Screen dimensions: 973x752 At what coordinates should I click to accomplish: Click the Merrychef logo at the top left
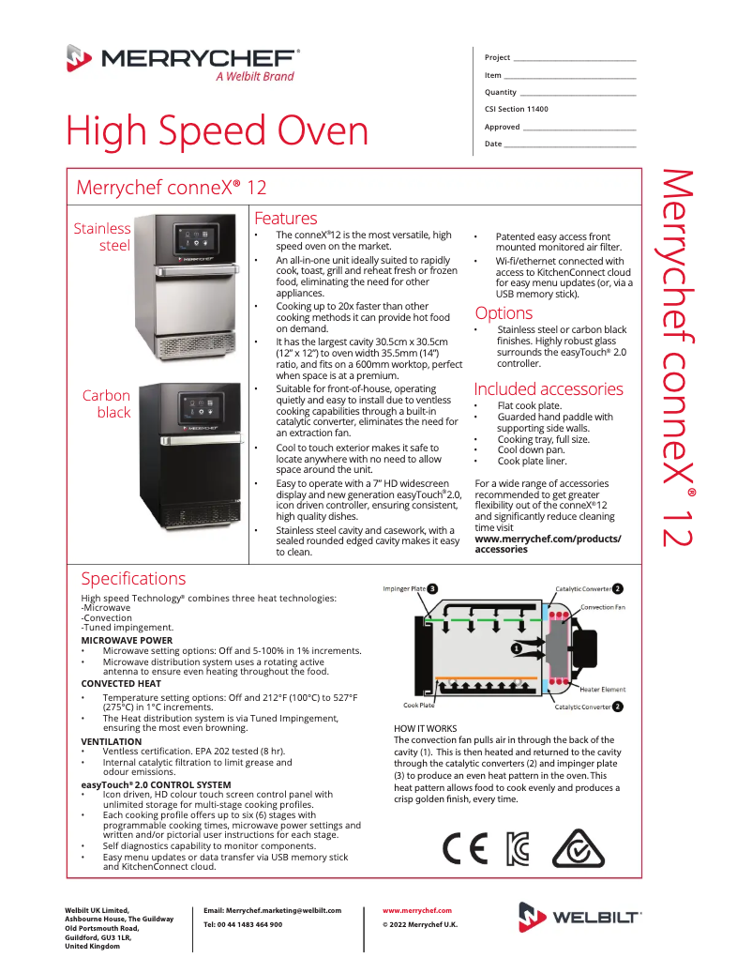coord(183,62)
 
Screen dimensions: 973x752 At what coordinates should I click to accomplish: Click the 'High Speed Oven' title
coord(217,131)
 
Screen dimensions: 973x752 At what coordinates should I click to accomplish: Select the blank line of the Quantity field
coord(578,94)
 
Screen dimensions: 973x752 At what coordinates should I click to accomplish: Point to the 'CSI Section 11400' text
coord(516,109)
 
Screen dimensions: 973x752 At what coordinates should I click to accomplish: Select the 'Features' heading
coord(285,218)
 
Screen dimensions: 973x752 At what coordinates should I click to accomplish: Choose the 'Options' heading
coord(503,313)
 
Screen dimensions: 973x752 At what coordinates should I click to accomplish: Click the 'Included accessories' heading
coord(548,388)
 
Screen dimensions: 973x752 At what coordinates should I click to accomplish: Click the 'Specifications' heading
coord(133,578)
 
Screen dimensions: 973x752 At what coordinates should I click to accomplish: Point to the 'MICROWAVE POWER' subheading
coord(127,640)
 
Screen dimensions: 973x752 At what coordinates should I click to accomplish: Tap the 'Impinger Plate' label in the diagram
coord(404,588)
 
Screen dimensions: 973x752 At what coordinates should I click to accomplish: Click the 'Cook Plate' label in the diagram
coord(418,706)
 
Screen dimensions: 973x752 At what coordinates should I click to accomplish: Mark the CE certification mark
coord(465,847)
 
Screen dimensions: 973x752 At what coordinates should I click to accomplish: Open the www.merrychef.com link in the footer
coord(417,910)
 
